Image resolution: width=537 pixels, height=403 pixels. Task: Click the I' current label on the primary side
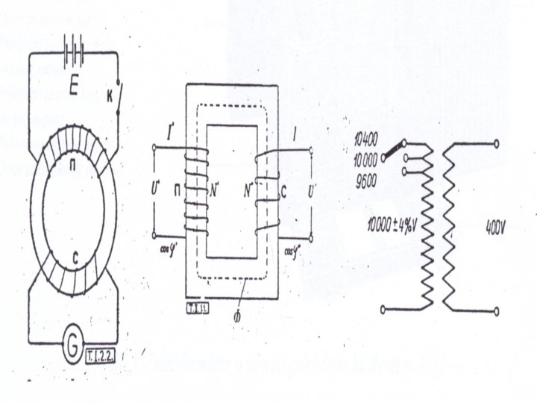pos(173,137)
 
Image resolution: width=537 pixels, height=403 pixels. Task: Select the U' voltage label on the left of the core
pos(154,183)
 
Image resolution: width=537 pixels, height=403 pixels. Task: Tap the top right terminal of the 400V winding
pos(496,142)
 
